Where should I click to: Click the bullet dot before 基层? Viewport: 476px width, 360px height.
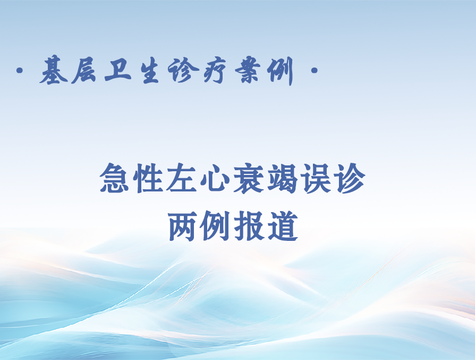pyautogui.click(x=20, y=71)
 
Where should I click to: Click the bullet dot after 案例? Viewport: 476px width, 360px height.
pyautogui.click(x=314, y=71)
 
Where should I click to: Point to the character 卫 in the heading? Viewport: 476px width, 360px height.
pyautogui.click(x=118, y=71)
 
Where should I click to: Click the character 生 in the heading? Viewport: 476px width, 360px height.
pyautogui.click(x=150, y=71)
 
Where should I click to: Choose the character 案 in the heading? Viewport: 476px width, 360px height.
pyautogui.click(x=248, y=71)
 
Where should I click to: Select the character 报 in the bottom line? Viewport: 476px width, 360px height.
pyautogui.click(x=249, y=226)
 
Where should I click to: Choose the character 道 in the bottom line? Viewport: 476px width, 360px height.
pyautogui.click(x=283, y=226)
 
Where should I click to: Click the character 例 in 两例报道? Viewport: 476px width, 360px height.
pyautogui.click(x=216, y=226)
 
